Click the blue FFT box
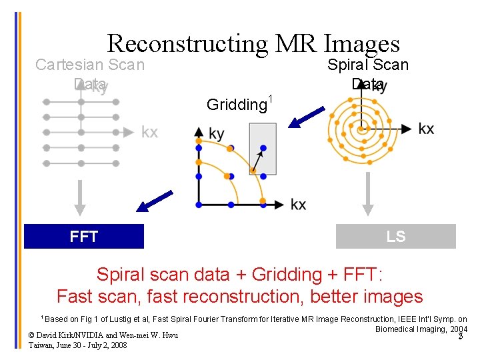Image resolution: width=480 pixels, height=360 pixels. click(84, 237)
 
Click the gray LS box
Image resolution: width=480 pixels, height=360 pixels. click(396, 237)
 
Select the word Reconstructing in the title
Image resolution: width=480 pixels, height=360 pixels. click(187, 43)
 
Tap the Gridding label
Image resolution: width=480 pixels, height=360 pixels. click(237, 104)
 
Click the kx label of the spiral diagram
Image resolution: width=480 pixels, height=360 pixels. click(427, 129)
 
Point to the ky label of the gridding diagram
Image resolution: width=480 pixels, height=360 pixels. click(217, 134)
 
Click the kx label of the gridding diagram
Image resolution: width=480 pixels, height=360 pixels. click(299, 204)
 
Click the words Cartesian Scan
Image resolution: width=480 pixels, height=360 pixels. click(89, 65)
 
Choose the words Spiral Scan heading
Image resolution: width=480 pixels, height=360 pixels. click(367, 65)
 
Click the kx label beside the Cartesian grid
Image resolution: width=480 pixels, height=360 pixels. click(149, 132)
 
